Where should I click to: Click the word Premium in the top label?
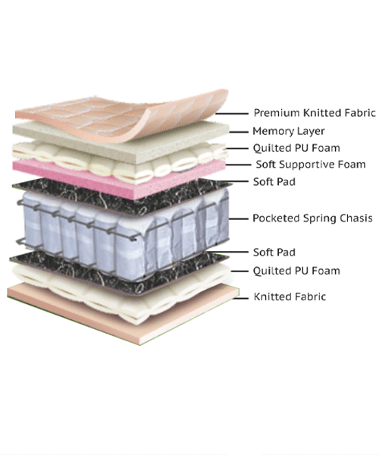tap(277, 112)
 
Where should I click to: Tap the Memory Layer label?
tap(289, 131)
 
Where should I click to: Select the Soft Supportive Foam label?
tap(311, 165)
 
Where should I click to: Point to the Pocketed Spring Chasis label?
tap(312, 218)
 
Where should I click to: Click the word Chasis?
tap(356, 218)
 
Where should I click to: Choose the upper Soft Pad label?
tap(274, 182)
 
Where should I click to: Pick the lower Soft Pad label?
tap(274, 253)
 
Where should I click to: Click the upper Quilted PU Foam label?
tap(296, 148)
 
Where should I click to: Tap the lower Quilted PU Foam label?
tap(296, 271)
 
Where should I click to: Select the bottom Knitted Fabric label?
tap(290, 297)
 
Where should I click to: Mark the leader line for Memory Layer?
tap(239, 132)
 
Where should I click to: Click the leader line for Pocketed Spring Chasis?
tap(239, 218)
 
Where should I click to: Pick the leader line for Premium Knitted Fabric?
tap(232, 114)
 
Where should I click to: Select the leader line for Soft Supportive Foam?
tap(238, 165)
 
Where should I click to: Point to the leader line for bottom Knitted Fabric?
tap(241, 298)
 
